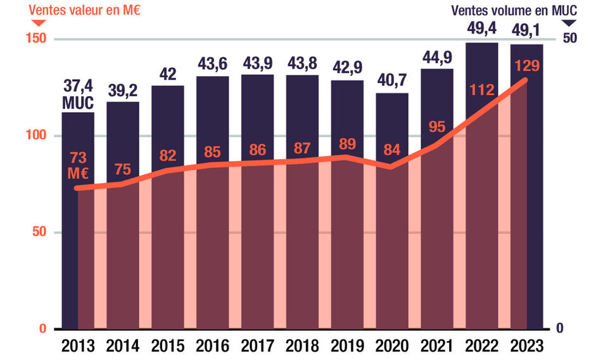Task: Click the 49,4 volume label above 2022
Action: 481,28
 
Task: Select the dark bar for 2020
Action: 392,209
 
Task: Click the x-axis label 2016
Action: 212,346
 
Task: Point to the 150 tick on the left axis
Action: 36,39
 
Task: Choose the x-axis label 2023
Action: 526,346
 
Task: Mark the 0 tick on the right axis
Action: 560,328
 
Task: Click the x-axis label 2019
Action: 347,346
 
